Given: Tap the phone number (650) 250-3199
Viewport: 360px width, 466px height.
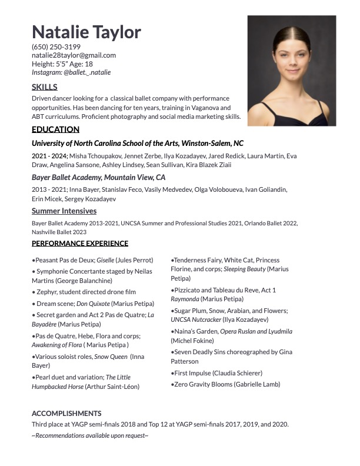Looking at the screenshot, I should click(x=56, y=46).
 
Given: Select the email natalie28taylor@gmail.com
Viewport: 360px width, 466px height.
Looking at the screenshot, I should click(x=74, y=55).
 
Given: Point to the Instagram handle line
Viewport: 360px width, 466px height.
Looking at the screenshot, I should click(x=71, y=72).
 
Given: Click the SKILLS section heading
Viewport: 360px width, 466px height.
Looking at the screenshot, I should click(x=45, y=87).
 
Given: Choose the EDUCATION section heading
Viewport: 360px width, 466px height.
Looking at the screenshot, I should click(x=55, y=129).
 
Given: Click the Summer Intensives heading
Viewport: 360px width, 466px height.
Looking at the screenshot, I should click(x=64, y=211).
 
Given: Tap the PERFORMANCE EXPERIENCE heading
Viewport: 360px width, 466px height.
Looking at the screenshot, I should click(x=80, y=243).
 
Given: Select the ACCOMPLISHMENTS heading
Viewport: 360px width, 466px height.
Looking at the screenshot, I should click(x=66, y=413).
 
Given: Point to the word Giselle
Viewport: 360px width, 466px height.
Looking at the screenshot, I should click(x=105, y=260).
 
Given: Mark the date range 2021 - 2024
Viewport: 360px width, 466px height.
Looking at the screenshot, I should click(x=49, y=156).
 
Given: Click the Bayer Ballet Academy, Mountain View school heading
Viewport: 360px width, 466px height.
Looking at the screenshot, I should click(x=98, y=177).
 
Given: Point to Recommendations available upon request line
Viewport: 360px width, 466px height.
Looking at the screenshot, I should click(x=90, y=435).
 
